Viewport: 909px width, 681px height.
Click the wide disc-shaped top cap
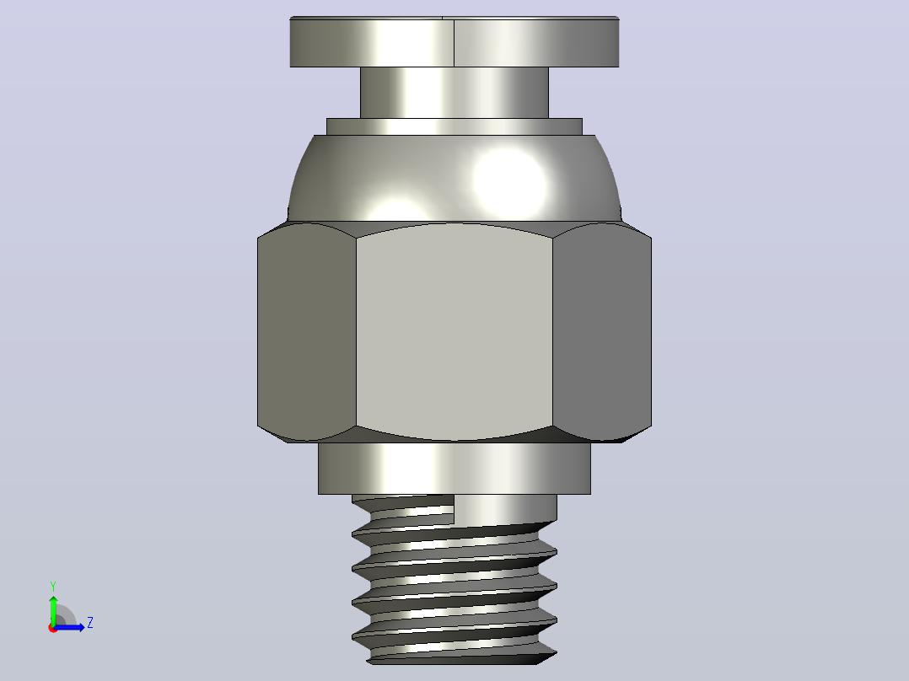(x=454, y=42)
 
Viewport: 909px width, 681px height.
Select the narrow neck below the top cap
(x=454, y=93)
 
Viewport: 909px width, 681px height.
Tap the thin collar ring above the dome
(x=454, y=127)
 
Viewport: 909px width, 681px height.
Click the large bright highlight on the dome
(x=509, y=182)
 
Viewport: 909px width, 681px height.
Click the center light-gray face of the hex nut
(x=454, y=331)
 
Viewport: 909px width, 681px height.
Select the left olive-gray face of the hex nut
(x=307, y=331)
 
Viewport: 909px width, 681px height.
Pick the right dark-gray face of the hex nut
(x=602, y=331)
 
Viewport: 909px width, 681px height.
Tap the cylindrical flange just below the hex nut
(x=454, y=469)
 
